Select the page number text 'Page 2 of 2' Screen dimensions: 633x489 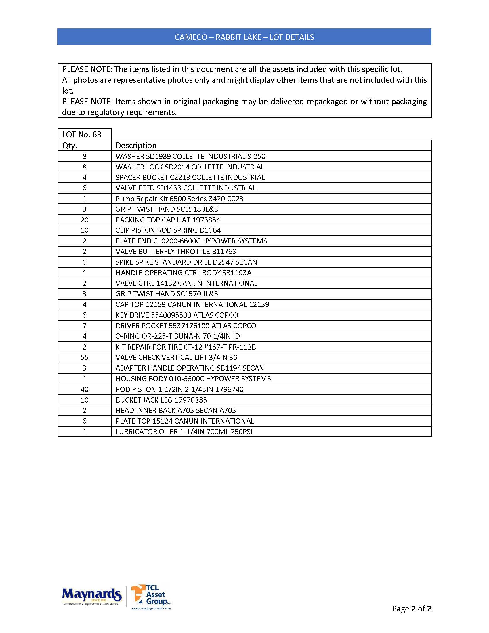tap(411, 608)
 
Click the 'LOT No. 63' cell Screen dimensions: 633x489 tap(82, 134)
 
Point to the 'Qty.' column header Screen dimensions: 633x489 tap(70, 146)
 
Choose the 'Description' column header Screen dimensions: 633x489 tap(136, 146)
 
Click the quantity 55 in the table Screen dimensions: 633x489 tap(84, 357)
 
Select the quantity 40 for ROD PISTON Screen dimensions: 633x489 tap(84, 389)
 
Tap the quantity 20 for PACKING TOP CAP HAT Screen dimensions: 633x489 tap(84, 220)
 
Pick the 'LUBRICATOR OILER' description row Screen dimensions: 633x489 tap(184, 432)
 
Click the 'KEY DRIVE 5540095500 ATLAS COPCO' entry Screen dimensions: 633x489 tap(177, 315)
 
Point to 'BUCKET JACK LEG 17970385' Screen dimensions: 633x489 tap(161, 400)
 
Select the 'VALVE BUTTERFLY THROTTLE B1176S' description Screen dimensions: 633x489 tap(176, 251)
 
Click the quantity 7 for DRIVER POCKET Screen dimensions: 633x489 tap(84, 326)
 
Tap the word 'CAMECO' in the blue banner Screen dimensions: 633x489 tap(191, 37)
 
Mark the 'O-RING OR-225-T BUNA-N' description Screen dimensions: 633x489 tap(177, 336)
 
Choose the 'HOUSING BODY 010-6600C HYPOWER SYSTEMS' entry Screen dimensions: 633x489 tap(193, 379)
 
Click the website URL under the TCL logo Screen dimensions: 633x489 tap(151, 608)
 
